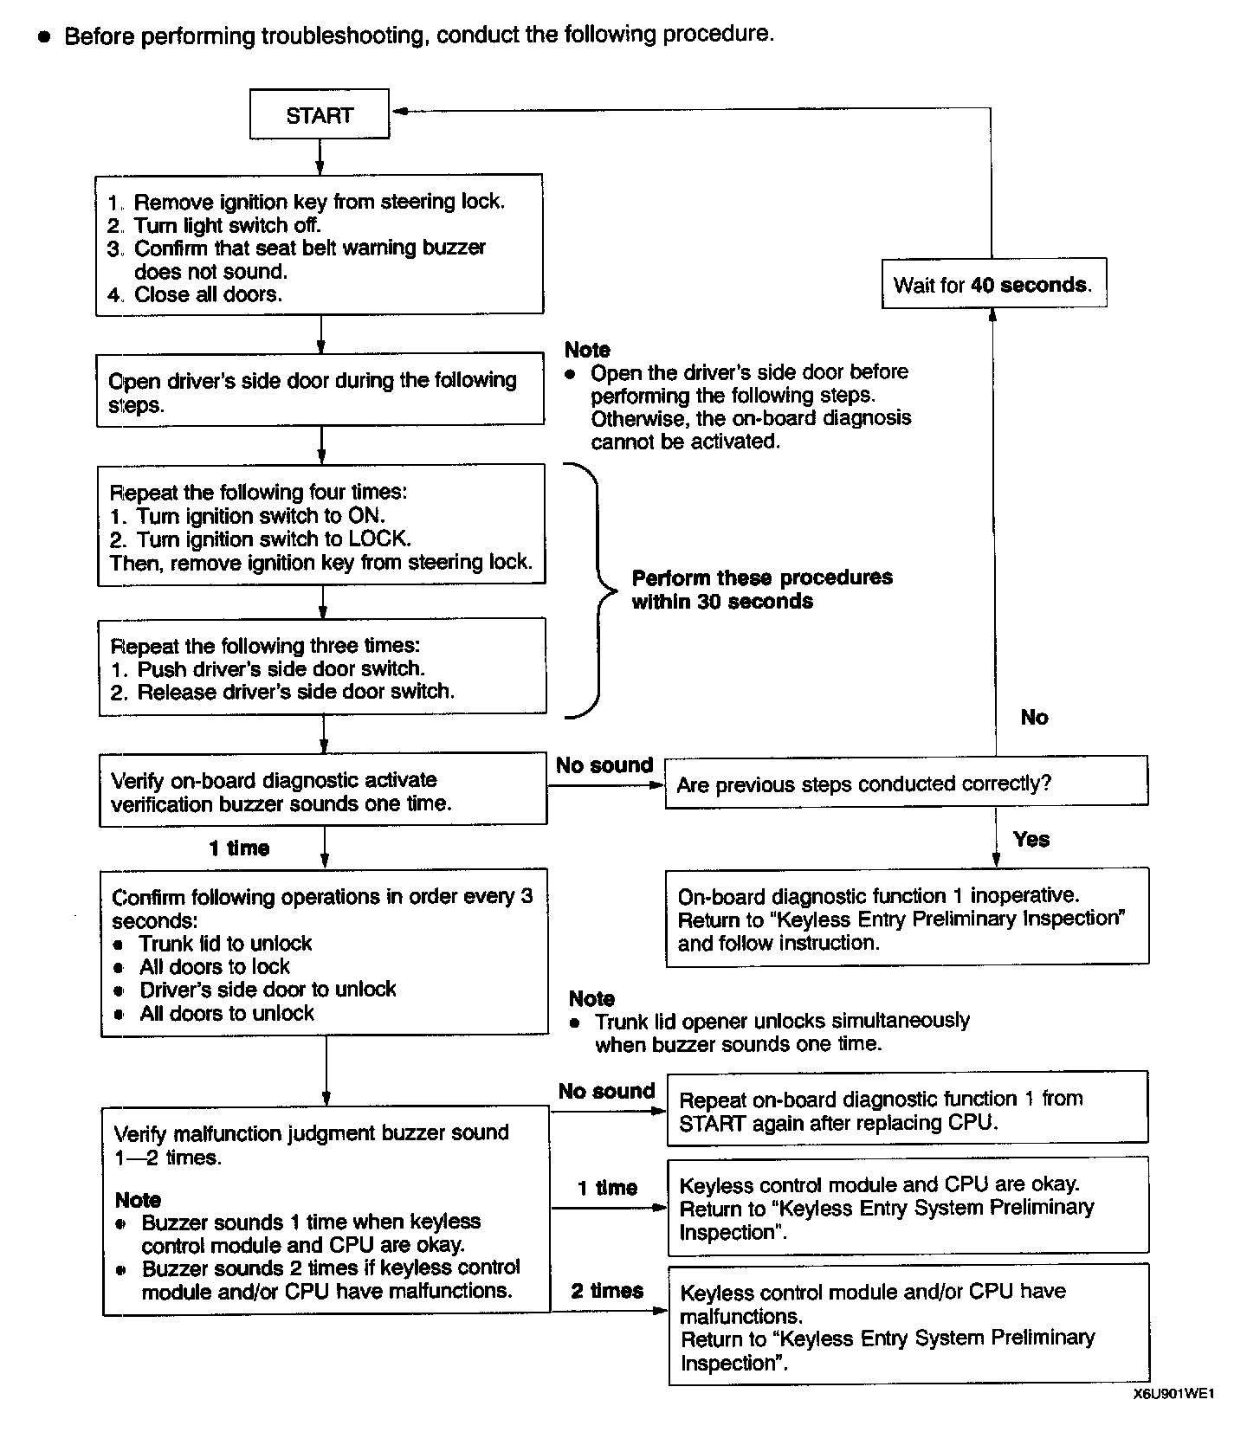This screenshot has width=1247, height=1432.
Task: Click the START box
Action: tap(319, 114)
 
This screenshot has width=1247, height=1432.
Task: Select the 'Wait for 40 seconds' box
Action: tap(993, 284)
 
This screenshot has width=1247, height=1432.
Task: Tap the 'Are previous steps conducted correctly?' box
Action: tap(906, 784)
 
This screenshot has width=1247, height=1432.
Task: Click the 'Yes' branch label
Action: tap(1031, 839)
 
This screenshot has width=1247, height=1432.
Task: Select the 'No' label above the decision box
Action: tap(1034, 717)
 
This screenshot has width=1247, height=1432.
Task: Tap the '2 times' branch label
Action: tap(607, 1291)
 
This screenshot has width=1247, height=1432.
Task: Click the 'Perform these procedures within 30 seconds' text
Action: tap(761, 589)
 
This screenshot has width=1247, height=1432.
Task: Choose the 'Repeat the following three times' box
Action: tap(321, 667)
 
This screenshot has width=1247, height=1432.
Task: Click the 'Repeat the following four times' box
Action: tap(320, 526)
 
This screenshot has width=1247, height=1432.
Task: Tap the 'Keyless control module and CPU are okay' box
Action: tap(907, 1207)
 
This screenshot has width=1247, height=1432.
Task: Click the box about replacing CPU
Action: tap(907, 1109)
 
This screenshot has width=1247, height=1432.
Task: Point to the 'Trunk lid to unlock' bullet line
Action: tap(225, 943)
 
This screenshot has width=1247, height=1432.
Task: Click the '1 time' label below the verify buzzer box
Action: tap(239, 848)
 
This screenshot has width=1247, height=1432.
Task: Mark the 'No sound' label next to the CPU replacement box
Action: tap(606, 1091)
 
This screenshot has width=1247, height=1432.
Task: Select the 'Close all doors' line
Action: tap(208, 294)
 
